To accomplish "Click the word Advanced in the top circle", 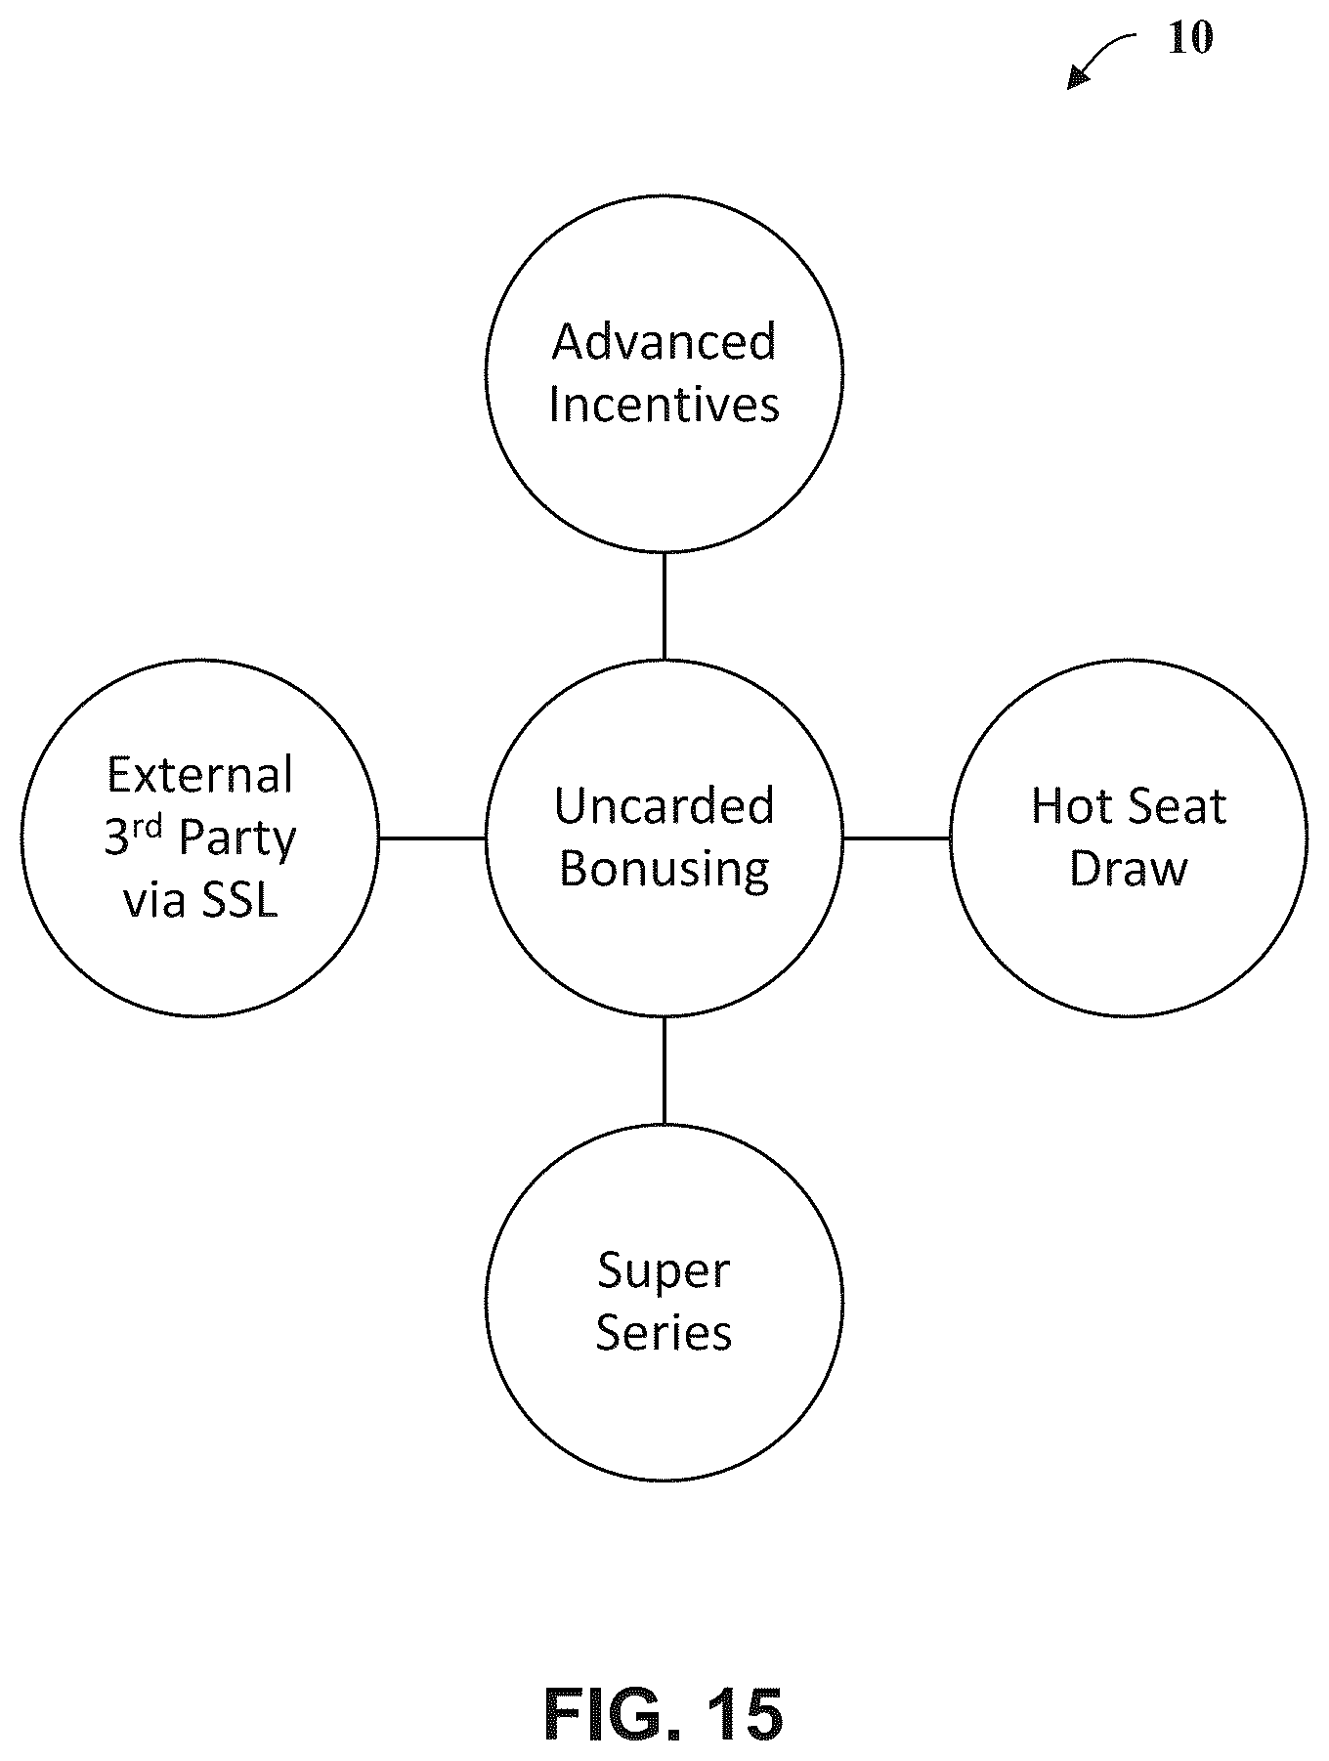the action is [x=664, y=341].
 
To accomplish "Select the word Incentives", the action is [x=664, y=404].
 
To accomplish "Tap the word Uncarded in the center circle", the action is [x=664, y=805].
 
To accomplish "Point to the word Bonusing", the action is [x=664, y=869].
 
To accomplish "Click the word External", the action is [x=200, y=775].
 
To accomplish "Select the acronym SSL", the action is [x=239, y=900].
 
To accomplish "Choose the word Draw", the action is [x=1129, y=868].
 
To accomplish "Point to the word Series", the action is [x=664, y=1332].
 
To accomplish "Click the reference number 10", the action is [x=1190, y=38].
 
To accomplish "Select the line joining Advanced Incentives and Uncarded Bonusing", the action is [x=664, y=606].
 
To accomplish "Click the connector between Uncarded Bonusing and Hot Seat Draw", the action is [x=896, y=838].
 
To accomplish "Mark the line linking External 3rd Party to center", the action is [x=432, y=838].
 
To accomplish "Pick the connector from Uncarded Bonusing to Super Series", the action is [x=664, y=1070].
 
